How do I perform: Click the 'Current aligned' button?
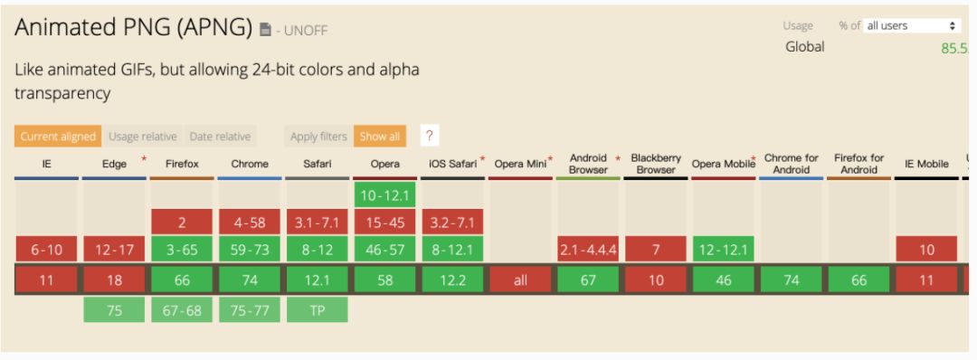tap(58, 137)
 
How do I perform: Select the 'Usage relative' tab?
tap(143, 137)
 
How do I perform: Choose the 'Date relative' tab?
tap(220, 137)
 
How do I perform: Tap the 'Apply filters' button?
tap(318, 137)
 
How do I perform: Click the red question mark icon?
tap(430, 136)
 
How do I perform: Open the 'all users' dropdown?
tap(911, 25)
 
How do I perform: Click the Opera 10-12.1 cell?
tap(385, 194)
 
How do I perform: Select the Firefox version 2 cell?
tap(182, 222)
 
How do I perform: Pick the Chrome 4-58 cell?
tap(250, 222)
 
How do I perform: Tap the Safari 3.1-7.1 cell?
tap(318, 222)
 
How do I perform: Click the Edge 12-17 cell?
tap(114, 250)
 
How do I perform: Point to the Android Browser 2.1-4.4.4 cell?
tap(588, 250)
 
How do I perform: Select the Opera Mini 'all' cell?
tap(520, 280)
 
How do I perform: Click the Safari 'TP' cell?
tap(318, 309)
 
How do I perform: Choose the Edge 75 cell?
tap(114, 309)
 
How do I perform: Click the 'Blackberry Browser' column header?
tap(656, 164)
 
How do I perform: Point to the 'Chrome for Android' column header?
tap(792, 164)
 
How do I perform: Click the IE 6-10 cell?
tap(46, 250)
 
